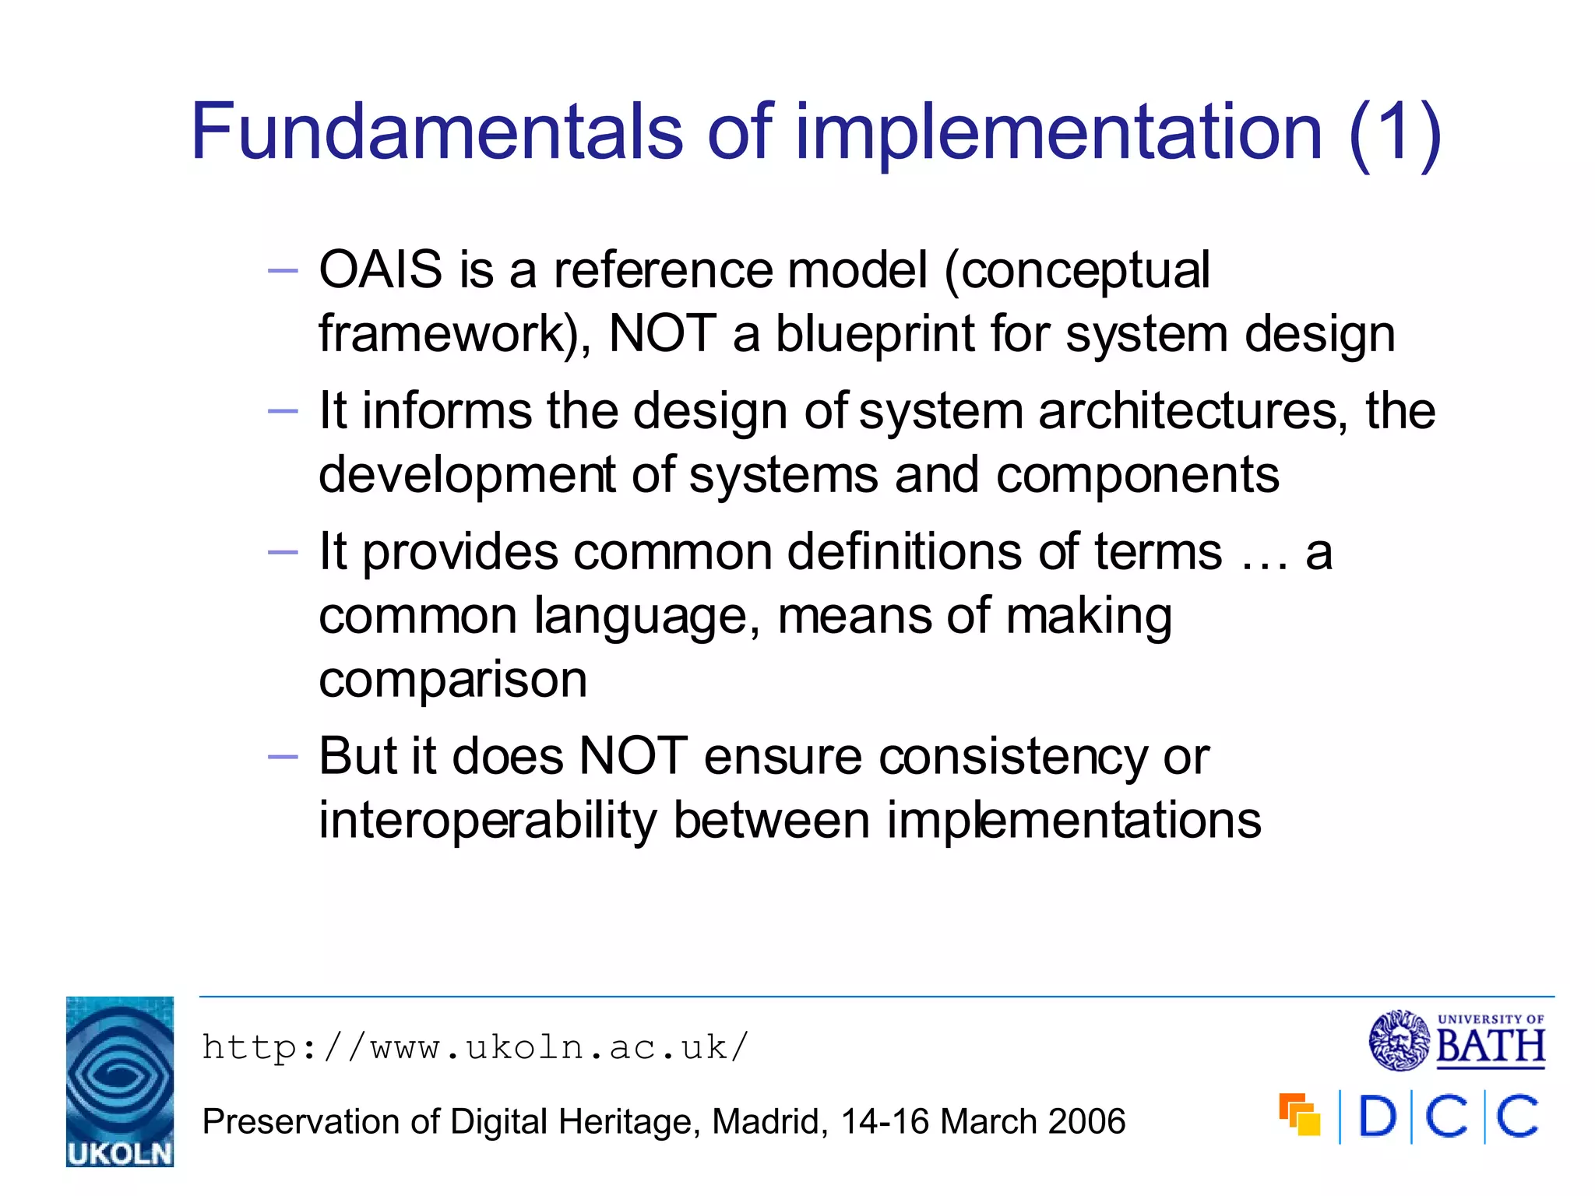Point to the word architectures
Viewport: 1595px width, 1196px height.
(x=1192, y=410)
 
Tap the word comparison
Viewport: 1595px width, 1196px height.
(x=452, y=680)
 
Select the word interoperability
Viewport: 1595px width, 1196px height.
(x=488, y=821)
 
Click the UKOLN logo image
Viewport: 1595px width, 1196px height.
(x=120, y=1081)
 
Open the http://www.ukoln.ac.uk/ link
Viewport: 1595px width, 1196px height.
(x=475, y=1047)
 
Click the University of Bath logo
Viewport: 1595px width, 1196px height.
(x=1456, y=1040)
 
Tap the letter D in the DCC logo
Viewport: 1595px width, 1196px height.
(x=1377, y=1117)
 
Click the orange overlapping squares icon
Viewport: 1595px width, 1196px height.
(x=1299, y=1114)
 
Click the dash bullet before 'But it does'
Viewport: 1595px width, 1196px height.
(x=282, y=757)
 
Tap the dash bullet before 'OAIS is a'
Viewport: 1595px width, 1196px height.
(x=282, y=271)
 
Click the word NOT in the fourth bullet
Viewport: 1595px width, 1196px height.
(x=633, y=756)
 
